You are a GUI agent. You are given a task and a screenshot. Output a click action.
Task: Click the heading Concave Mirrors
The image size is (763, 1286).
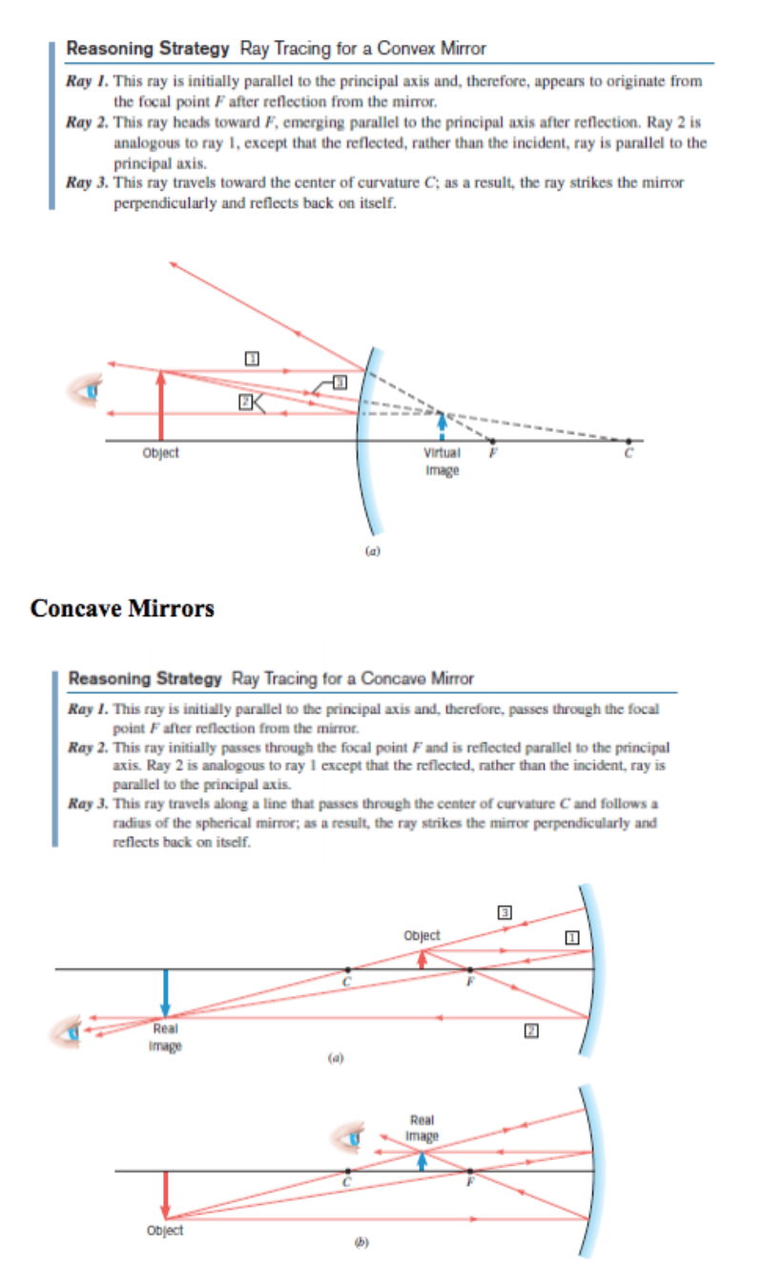click(x=122, y=608)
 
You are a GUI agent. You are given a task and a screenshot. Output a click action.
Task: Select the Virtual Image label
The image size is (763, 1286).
click(x=441, y=460)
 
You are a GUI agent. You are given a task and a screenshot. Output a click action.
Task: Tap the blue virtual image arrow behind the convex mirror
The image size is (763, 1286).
click(x=441, y=424)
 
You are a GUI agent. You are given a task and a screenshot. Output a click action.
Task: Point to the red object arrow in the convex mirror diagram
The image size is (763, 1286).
click(x=160, y=405)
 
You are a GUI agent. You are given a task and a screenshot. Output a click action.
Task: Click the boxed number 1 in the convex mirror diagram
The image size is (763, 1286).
click(x=253, y=358)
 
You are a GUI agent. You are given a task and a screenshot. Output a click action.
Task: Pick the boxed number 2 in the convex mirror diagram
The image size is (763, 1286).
click(x=245, y=403)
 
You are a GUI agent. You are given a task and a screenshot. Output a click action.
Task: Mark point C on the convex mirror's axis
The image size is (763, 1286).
click(x=628, y=441)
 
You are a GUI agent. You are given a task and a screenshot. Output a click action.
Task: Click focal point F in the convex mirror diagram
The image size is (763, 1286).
click(x=492, y=441)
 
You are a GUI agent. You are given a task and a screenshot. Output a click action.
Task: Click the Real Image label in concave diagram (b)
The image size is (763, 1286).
click(x=422, y=1128)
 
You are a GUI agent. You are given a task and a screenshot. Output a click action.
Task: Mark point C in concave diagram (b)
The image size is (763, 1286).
click(x=348, y=1171)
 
